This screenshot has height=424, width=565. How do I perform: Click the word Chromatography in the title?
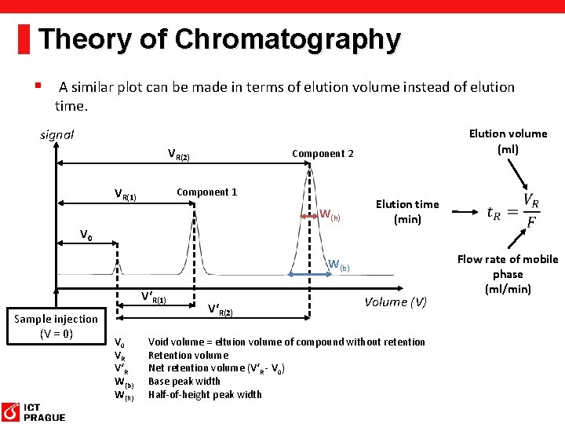pyautogui.click(x=288, y=38)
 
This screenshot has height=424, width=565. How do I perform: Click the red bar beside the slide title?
pyautogui.click(x=24, y=38)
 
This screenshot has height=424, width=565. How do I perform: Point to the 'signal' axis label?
pyautogui.click(x=56, y=134)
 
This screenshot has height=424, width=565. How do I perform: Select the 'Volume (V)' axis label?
pyautogui.click(x=395, y=302)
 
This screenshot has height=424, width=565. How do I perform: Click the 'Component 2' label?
pyautogui.click(x=322, y=153)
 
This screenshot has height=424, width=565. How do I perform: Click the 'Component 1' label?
pyautogui.click(x=206, y=192)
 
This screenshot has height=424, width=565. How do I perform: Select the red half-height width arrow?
pyautogui.click(x=309, y=214)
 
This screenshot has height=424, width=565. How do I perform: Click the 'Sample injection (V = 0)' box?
pyautogui.click(x=56, y=326)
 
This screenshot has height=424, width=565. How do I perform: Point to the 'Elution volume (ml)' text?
pyautogui.click(x=508, y=141)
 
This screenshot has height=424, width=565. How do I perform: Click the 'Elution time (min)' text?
pyautogui.click(x=406, y=211)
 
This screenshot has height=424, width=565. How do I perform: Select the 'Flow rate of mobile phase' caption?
pyautogui.click(x=507, y=274)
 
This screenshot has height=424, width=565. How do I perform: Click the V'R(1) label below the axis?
pyautogui.click(x=153, y=298)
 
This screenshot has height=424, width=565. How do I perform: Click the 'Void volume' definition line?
pyautogui.click(x=286, y=342)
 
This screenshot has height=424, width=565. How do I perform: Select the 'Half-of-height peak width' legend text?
pyautogui.click(x=205, y=394)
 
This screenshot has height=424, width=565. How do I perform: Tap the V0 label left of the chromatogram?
pyautogui.click(x=86, y=234)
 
